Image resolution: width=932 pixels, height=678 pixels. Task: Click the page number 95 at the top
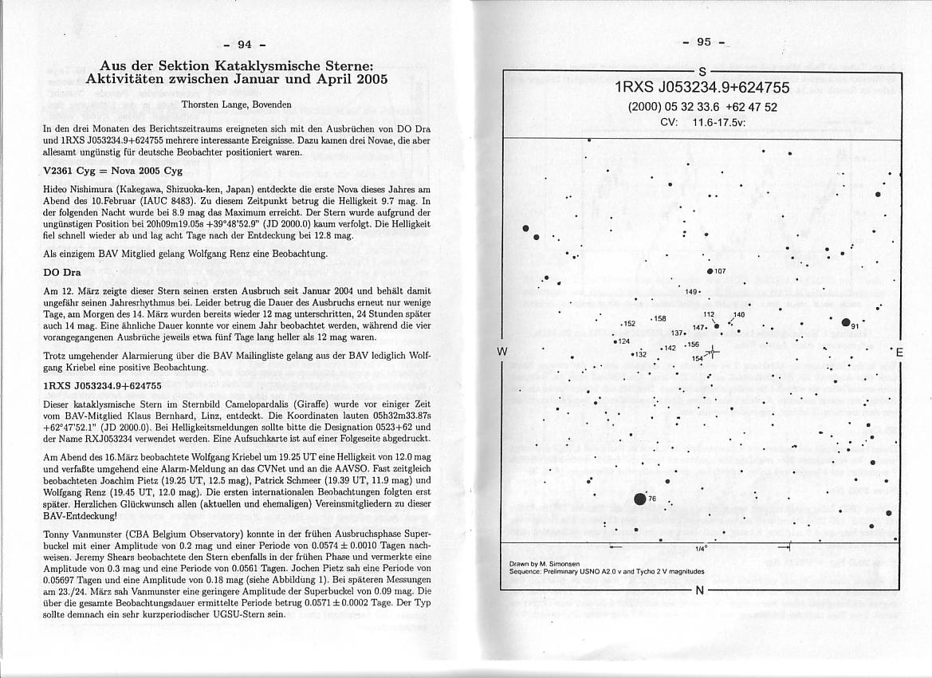(703, 41)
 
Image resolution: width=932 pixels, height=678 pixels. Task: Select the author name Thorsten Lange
(236, 104)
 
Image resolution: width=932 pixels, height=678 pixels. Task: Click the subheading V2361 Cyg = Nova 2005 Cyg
(114, 171)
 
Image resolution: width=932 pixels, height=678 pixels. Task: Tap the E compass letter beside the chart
(899, 353)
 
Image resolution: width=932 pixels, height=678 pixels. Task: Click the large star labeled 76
(639, 499)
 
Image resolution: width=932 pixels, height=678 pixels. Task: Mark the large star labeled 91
(845, 322)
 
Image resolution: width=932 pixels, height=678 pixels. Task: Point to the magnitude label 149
(691, 291)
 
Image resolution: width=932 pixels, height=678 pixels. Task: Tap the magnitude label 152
(629, 324)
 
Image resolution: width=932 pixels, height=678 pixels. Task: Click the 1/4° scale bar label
(702, 549)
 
